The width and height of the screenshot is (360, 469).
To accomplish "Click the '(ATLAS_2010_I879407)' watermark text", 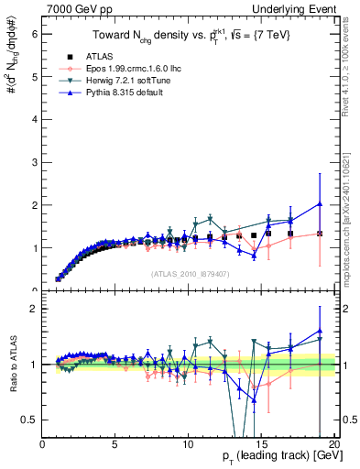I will (x=190, y=272).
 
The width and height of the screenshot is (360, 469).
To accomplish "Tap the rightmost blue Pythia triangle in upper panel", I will (x=319, y=204).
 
